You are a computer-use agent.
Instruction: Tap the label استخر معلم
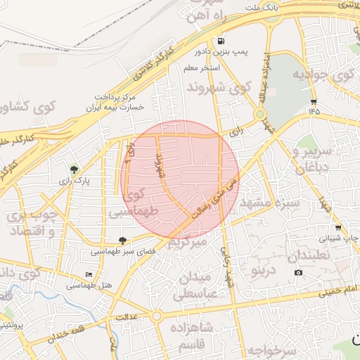coord(202,68)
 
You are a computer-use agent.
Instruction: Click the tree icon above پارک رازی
coord(74,169)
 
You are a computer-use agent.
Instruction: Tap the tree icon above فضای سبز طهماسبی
coord(122,240)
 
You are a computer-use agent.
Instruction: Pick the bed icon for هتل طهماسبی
coord(89,274)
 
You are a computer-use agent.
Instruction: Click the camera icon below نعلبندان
coord(298,273)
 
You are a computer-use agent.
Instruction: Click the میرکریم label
coord(187,243)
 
